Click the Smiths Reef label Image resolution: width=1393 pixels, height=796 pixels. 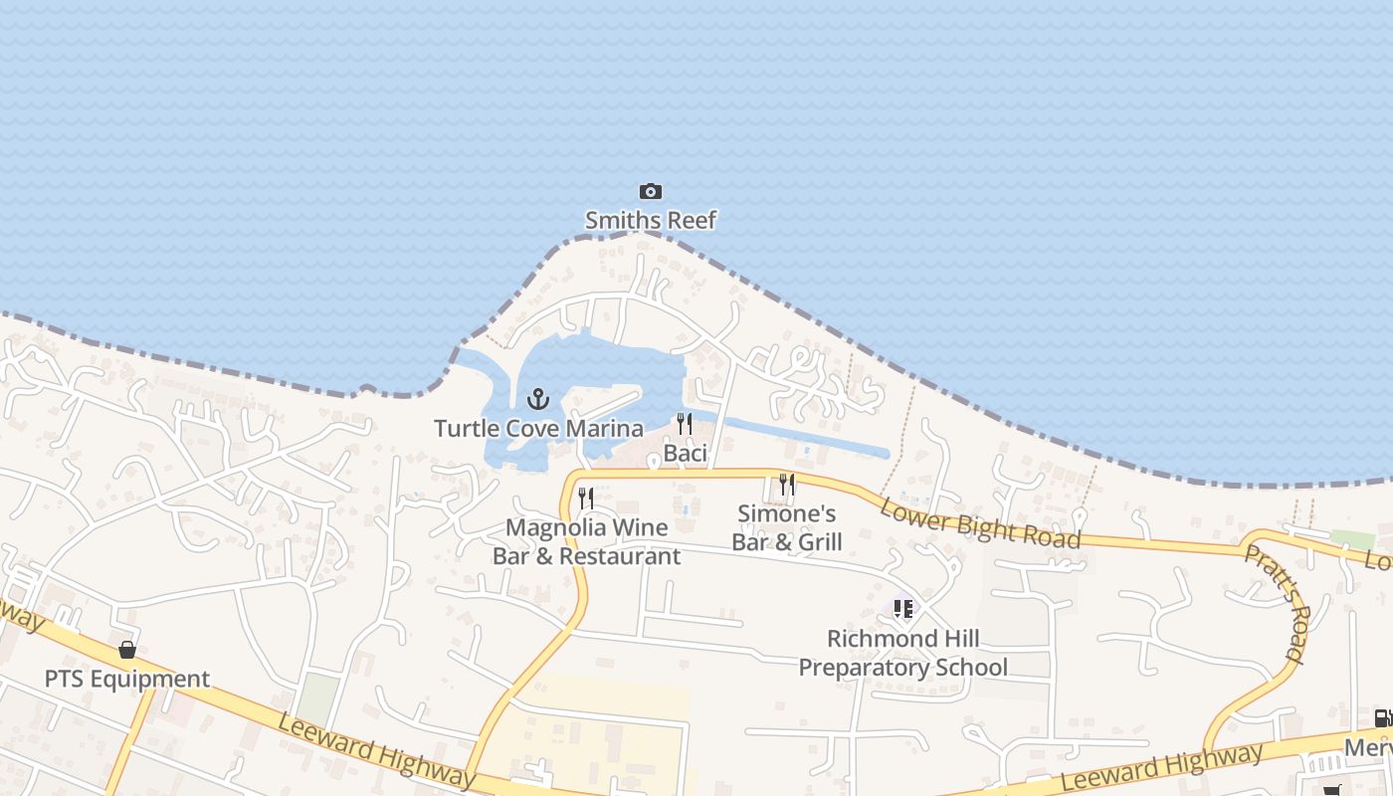pos(650,220)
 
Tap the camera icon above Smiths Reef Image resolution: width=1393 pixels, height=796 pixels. pos(650,191)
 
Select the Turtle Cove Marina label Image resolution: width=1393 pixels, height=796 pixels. pos(538,429)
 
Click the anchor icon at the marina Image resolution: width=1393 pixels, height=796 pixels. pos(538,400)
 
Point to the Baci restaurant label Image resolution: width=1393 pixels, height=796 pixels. pos(685,454)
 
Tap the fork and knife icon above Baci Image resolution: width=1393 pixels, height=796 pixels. pos(685,424)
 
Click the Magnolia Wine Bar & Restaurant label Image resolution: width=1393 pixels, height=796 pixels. pos(586,541)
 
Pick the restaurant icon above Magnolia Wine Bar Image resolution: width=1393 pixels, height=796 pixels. pos(586,497)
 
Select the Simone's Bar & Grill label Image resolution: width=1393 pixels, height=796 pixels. pos(787,527)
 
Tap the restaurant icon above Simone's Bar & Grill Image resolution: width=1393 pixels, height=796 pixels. pos(787,485)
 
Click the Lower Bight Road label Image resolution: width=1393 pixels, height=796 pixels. pos(980,522)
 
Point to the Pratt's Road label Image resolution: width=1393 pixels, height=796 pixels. pos(1277,603)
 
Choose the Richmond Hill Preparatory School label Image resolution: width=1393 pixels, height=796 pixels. pos(903,653)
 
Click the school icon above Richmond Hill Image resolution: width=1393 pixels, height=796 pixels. pos(902,608)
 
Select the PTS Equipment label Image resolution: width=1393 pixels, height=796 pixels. pos(127,680)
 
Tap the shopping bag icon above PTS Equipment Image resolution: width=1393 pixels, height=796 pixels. pos(127,650)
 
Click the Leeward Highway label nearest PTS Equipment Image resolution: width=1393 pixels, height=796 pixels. pos(376,749)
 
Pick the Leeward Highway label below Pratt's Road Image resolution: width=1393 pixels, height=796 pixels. pos(1160,767)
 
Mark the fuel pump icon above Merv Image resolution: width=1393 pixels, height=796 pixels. pos(1382,718)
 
